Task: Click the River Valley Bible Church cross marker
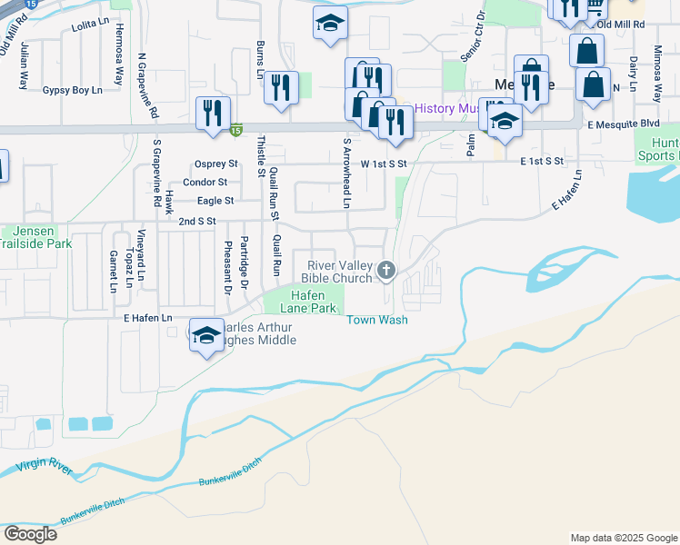click(386, 269)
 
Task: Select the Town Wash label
click(376, 320)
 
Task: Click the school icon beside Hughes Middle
click(206, 335)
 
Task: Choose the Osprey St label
click(216, 164)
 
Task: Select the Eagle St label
click(216, 201)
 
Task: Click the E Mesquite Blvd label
click(623, 124)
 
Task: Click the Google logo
click(29, 534)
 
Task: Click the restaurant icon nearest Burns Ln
click(282, 88)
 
